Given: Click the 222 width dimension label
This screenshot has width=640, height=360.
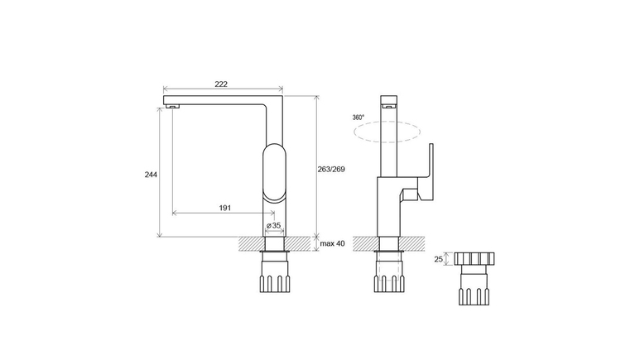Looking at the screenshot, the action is (x=221, y=84).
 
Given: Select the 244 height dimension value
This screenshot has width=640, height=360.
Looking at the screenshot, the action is (x=151, y=175).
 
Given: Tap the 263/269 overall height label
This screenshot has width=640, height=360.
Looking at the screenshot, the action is (x=331, y=169).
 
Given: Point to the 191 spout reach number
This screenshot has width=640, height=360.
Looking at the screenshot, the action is (x=225, y=209).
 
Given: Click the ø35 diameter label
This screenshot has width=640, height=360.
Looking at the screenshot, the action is (x=273, y=225).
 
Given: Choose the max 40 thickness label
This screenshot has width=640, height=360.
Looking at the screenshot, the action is (x=332, y=243).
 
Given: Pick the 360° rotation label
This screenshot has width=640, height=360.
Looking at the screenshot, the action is (x=358, y=118).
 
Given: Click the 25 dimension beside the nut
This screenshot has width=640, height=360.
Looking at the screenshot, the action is (x=438, y=259).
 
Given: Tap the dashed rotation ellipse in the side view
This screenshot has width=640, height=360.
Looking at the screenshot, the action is (x=387, y=121).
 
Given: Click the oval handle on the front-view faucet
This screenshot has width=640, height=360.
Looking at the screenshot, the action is (x=274, y=172).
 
